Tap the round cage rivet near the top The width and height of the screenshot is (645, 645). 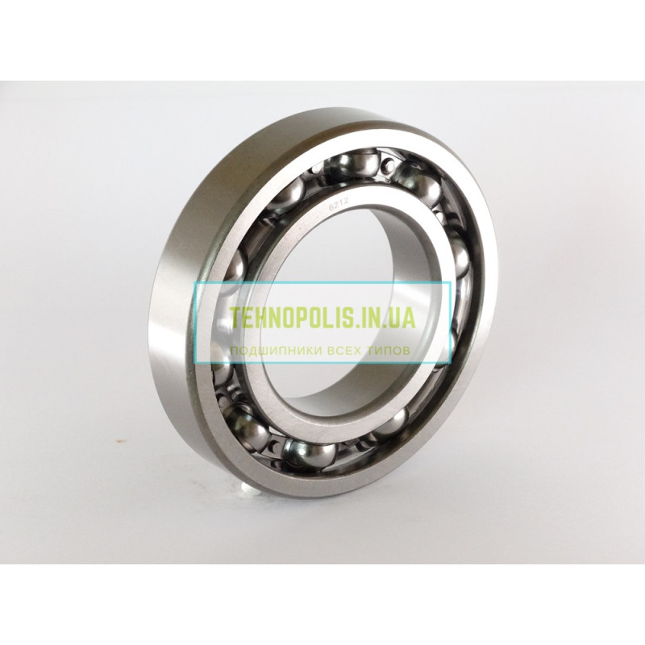(x=387, y=167)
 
